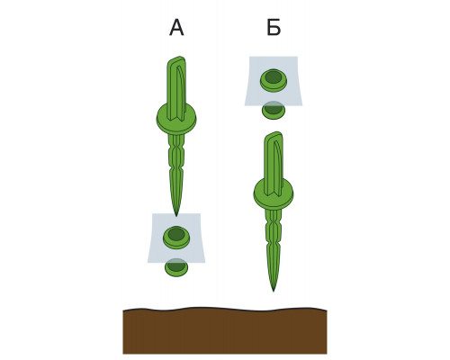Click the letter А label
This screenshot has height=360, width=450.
click(x=176, y=28)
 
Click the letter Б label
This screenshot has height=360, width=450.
click(x=274, y=28)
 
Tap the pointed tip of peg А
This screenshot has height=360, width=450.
click(x=176, y=215)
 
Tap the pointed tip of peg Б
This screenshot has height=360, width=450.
click(x=274, y=291)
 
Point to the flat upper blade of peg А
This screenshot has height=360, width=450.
click(x=176, y=88)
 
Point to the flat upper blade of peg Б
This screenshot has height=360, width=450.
click(x=274, y=164)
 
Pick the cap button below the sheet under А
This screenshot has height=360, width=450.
click(x=176, y=268)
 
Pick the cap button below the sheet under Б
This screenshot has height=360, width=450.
click(x=274, y=111)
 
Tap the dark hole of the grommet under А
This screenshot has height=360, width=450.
click(x=176, y=234)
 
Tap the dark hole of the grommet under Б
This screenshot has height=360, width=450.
click(x=274, y=77)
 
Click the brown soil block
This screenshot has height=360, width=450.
click(x=225, y=331)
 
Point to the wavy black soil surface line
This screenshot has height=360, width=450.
click(x=225, y=309)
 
